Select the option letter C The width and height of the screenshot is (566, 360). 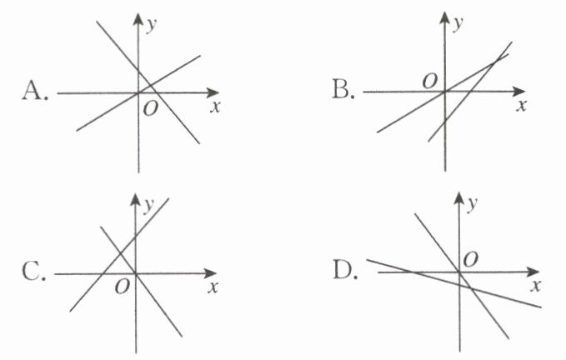pos(34,272)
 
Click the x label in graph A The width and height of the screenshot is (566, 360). pos(214,106)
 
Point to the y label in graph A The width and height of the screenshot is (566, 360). pos(152,25)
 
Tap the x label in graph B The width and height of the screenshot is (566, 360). pos(522,106)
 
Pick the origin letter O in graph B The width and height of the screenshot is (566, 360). pos(430,80)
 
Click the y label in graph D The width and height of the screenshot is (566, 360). pos(473,203)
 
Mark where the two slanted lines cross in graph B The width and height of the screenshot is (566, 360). pos(498,57)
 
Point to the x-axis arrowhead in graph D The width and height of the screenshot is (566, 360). pos(533,272)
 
